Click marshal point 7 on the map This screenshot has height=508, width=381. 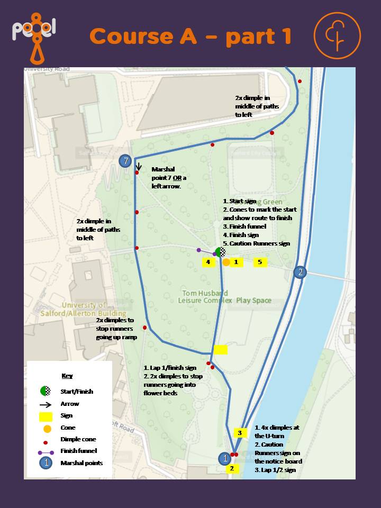[x=125, y=161]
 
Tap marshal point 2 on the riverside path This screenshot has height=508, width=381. [x=300, y=272]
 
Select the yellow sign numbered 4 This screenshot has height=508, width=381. [x=208, y=262]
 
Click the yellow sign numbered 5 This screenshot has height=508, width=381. [x=260, y=262]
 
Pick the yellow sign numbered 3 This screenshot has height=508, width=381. [x=239, y=433]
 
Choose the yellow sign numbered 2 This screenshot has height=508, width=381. [x=232, y=468]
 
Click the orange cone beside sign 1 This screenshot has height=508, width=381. [x=226, y=262]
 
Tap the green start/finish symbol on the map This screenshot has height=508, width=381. [x=221, y=252]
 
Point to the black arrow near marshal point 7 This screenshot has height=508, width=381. [x=138, y=167]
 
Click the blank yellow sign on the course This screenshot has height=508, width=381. [x=220, y=349]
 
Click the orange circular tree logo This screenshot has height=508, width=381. [x=337, y=35]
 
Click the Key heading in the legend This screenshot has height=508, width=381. [x=67, y=376]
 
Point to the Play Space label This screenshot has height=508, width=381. [x=253, y=301]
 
